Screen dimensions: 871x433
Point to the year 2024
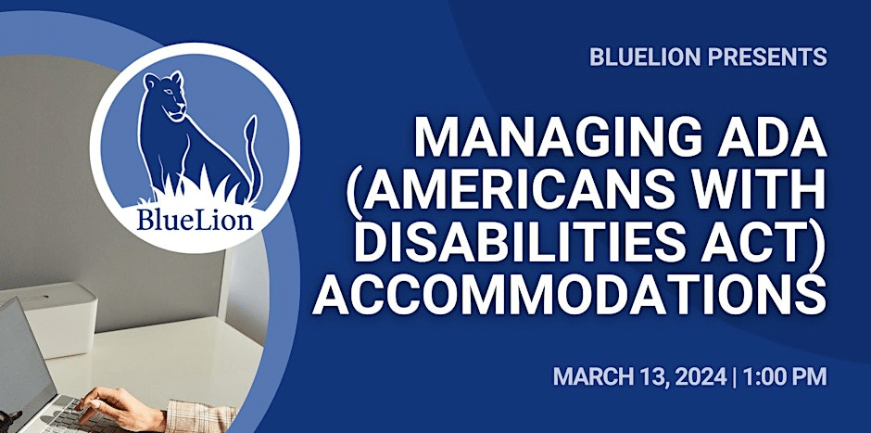coord(701,376)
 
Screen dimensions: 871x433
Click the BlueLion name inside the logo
coord(195,219)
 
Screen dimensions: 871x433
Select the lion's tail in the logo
coord(253,156)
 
